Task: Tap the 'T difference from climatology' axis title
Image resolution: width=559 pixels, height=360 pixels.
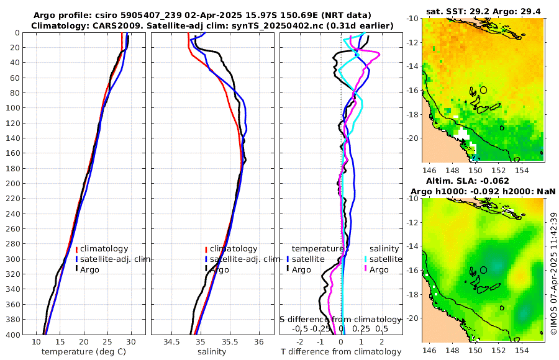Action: tap(340, 352)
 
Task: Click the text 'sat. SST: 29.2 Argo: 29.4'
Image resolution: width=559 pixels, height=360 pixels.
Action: tap(483, 11)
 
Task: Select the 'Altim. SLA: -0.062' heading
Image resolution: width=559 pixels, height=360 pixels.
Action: tap(483, 181)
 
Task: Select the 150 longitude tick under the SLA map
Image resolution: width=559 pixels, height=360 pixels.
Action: tap(475, 351)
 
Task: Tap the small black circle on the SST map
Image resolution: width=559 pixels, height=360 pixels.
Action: tap(483, 90)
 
